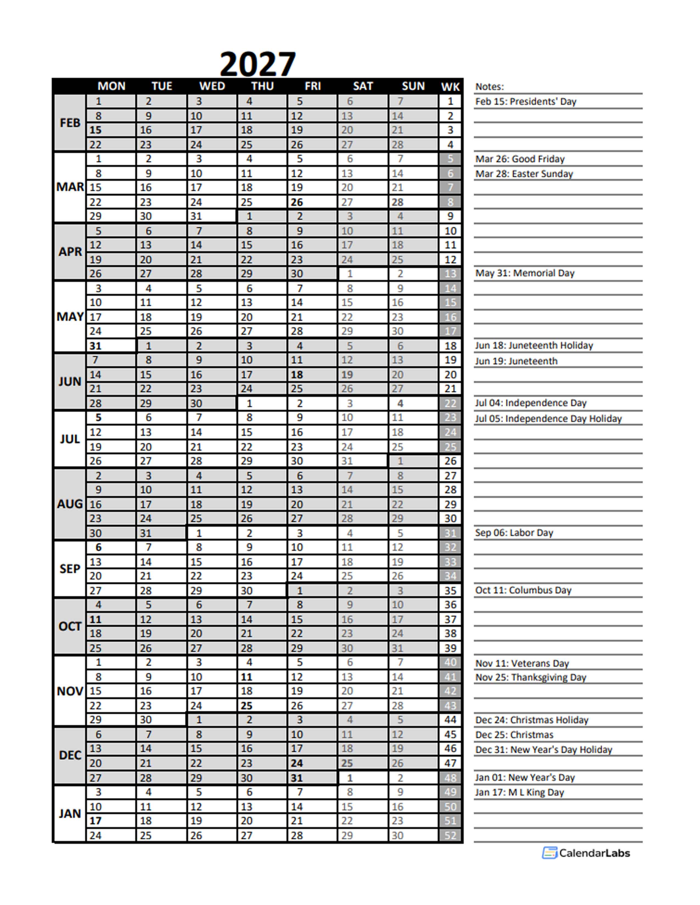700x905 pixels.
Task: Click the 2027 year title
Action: click(257, 64)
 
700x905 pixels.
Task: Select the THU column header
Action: click(262, 86)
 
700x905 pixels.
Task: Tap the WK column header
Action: click(450, 87)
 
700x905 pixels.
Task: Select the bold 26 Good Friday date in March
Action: click(296, 202)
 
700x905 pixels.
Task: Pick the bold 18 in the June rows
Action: click(296, 375)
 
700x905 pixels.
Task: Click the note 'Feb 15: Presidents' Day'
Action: click(525, 101)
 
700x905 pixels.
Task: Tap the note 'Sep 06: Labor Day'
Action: click(514, 533)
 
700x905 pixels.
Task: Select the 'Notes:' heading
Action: click(489, 87)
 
